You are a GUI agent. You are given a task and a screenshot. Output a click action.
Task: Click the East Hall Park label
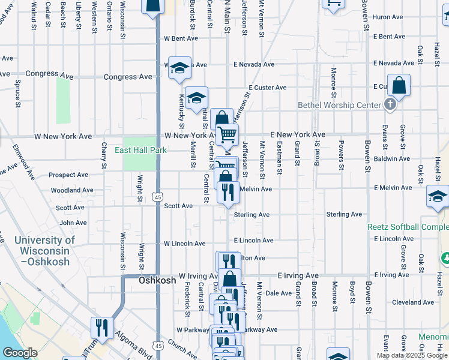click(x=140, y=151)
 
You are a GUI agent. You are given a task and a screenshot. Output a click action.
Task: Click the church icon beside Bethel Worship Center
click(x=390, y=105)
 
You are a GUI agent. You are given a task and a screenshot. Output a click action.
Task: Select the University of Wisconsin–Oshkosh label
click(x=45, y=251)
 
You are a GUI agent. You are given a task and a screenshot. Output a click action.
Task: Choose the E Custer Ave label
click(x=270, y=88)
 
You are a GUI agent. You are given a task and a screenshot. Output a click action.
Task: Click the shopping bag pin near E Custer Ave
click(x=399, y=86)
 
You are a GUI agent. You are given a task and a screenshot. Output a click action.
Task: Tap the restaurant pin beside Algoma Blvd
click(x=101, y=328)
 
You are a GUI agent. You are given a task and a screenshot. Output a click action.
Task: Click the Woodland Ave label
click(x=72, y=190)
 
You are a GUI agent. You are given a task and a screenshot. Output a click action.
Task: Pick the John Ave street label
click(x=73, y=223)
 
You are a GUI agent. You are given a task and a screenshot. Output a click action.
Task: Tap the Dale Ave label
click(x=279, y=293)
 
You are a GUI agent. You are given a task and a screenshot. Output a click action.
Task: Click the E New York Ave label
click(x=297, y=134)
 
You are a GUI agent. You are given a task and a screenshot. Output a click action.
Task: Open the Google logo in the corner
click(x=20, y=353)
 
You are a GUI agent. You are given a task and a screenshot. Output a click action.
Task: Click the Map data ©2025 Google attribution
click(x=411, y=355)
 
